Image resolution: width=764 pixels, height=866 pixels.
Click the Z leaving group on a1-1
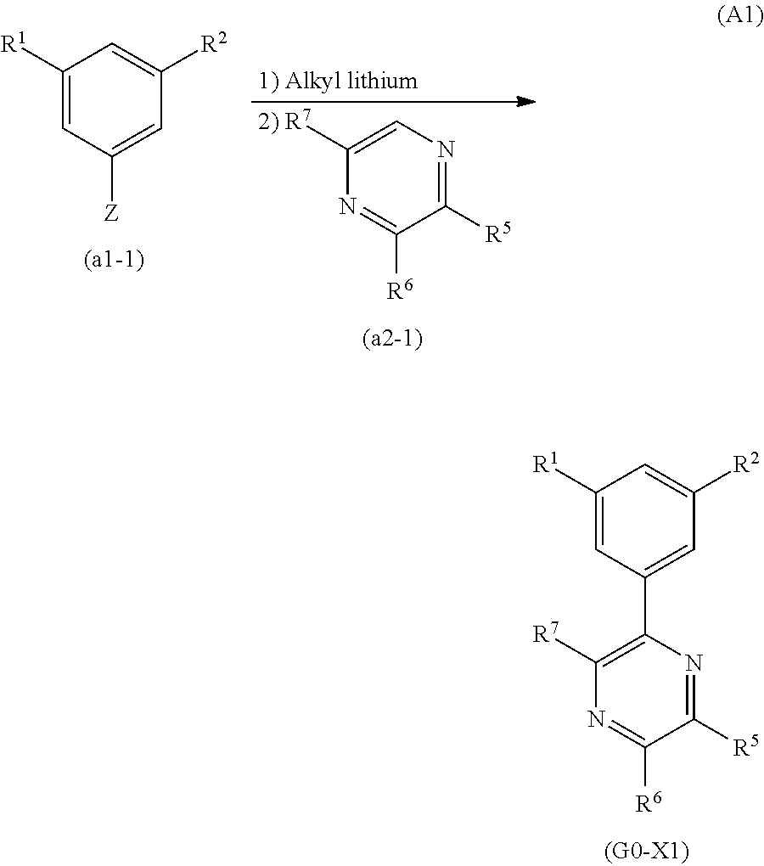(111, 213)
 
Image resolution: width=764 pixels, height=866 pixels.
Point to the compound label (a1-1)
(114, 260)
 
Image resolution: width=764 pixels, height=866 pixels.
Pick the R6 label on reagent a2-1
(400, 291)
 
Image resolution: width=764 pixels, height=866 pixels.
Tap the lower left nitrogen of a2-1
(345, 206)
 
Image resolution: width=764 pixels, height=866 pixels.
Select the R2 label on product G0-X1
(745, 464)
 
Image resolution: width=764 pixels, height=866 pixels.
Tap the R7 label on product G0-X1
(547, 633)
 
